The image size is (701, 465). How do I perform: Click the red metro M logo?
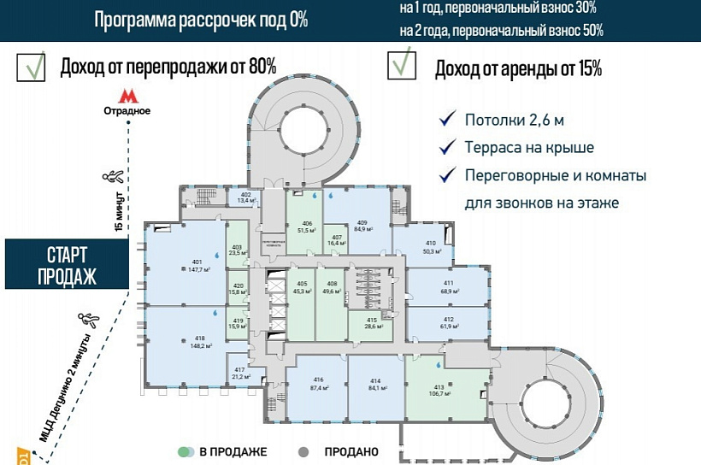click(x=127, y=95)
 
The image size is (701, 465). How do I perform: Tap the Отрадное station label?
click(x=127, y=111)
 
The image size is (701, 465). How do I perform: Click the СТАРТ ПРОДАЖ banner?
click(x=60, y=265)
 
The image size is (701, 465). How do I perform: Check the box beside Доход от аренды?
click(x=402, y=66)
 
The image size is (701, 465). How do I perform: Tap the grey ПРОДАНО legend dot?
click(x=302, y=451)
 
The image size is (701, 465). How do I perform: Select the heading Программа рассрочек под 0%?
click(x=200, y=21)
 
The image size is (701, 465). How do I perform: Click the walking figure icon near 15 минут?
click(x=110, y=177)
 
